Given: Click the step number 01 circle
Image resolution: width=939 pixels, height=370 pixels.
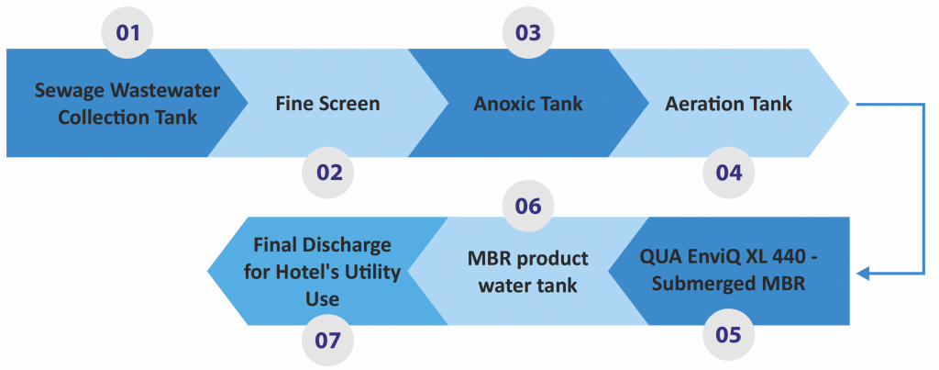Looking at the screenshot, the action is click(x=127, y=32).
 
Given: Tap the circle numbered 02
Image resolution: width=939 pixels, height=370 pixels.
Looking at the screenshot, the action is click(x=328, y=173).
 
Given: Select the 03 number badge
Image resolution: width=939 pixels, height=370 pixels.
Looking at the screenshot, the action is click(x=528, y=32).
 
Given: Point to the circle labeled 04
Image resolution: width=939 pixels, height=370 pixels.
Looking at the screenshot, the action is click(x=729, y=173).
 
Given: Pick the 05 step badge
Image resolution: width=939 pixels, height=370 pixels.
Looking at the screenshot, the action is click(x=729, y=335).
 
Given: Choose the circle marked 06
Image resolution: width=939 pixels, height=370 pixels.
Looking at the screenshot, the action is click(x=528, y=207).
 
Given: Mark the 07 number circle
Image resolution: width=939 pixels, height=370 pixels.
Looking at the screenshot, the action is click(x=328, y=341).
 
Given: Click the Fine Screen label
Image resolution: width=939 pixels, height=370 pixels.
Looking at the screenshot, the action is click(x=327, y=104).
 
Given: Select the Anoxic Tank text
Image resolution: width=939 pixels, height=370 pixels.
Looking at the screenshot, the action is click(x=528, y=104).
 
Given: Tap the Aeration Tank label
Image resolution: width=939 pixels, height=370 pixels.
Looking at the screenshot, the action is click(x=729, y=104).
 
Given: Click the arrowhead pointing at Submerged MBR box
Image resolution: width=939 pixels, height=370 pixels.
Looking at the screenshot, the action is click(x=864, y=274).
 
